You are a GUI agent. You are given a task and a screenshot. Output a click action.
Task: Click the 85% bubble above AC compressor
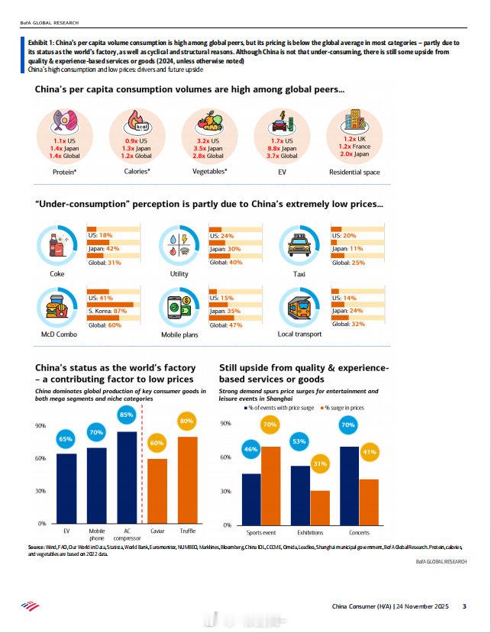[127, 415]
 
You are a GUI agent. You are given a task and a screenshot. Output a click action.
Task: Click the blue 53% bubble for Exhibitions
[299, 441]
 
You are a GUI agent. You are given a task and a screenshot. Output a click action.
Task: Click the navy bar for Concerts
[349, 484]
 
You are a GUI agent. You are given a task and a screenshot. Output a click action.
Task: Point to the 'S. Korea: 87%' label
[108, 311]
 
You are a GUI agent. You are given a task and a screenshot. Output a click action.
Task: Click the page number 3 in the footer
[464, 607]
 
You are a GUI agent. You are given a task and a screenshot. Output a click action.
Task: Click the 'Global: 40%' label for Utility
[225, 263]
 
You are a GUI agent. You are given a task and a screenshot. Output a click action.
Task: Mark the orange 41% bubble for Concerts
[369, 453]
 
